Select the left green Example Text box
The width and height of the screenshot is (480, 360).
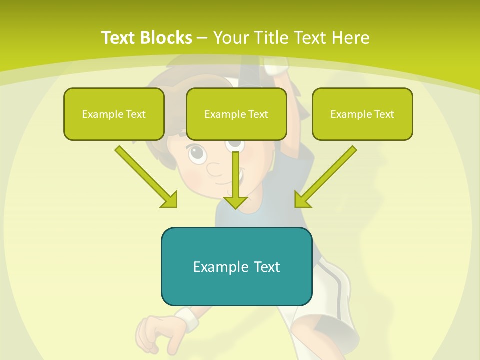pos(114,114)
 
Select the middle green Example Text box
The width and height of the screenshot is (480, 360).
pos(236,114)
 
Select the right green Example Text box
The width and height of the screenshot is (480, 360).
pos(362,114)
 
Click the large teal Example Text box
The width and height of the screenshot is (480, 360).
pos(236,266)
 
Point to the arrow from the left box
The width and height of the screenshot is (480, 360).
pos(145,176)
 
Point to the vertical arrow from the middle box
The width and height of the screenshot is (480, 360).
pos(235,180)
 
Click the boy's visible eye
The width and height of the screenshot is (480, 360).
pos(198,153)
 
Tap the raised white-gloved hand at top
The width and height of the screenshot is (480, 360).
pos(276,65)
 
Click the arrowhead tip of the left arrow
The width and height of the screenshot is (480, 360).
pos(175,205)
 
